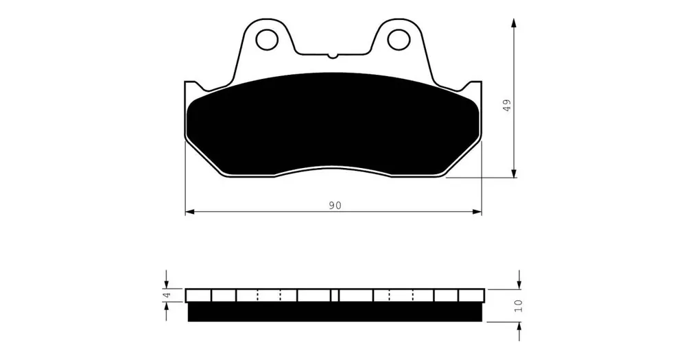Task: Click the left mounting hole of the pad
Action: point(267,40)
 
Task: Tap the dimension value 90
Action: point(335,206)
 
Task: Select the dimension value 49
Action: point(507,105)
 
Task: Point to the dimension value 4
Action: point(166,296)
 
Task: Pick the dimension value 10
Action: point(519,305)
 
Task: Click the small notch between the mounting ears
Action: point(333,55)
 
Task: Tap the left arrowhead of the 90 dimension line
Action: point(190,212)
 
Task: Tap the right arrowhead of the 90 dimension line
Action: point(477,212)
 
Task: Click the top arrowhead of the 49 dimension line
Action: point(514,23)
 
